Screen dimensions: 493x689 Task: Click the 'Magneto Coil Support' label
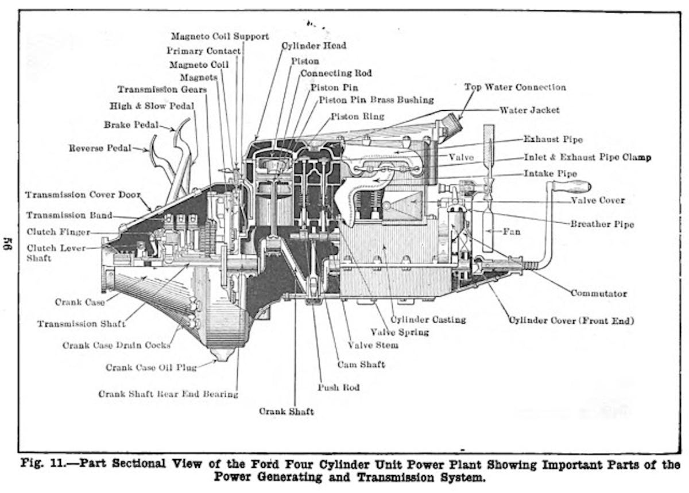coord(220,36)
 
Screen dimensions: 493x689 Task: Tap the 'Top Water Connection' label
coord(514,87)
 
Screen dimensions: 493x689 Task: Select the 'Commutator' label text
coord(598,293)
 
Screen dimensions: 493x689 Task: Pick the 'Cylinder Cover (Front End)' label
coord(571,320)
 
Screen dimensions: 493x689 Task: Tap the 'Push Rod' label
coord(338,387)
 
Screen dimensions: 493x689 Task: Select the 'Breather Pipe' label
coord(602,224)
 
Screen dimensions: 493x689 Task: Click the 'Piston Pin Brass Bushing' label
coord(376,100)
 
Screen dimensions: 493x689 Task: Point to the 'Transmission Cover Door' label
coord(83,195)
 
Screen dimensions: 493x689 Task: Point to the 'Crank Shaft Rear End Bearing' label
coord(168,394)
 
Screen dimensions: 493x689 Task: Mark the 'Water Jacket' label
coord(529,110)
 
